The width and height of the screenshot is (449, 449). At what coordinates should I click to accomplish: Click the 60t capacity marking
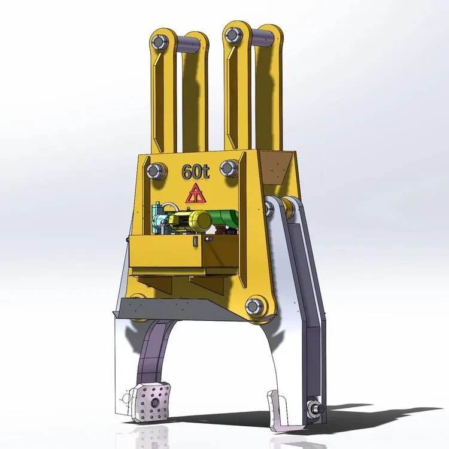click(x=196, y=172)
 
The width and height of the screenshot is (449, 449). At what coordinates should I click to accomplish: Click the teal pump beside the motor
click(x=159, y=219)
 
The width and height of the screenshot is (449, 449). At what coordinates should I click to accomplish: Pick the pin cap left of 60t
click(x=155, y=171)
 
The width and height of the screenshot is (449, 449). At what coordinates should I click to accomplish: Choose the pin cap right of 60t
click(x=229, y=168)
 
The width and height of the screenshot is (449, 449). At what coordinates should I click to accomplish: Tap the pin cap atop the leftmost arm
click(x=159, y=42)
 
